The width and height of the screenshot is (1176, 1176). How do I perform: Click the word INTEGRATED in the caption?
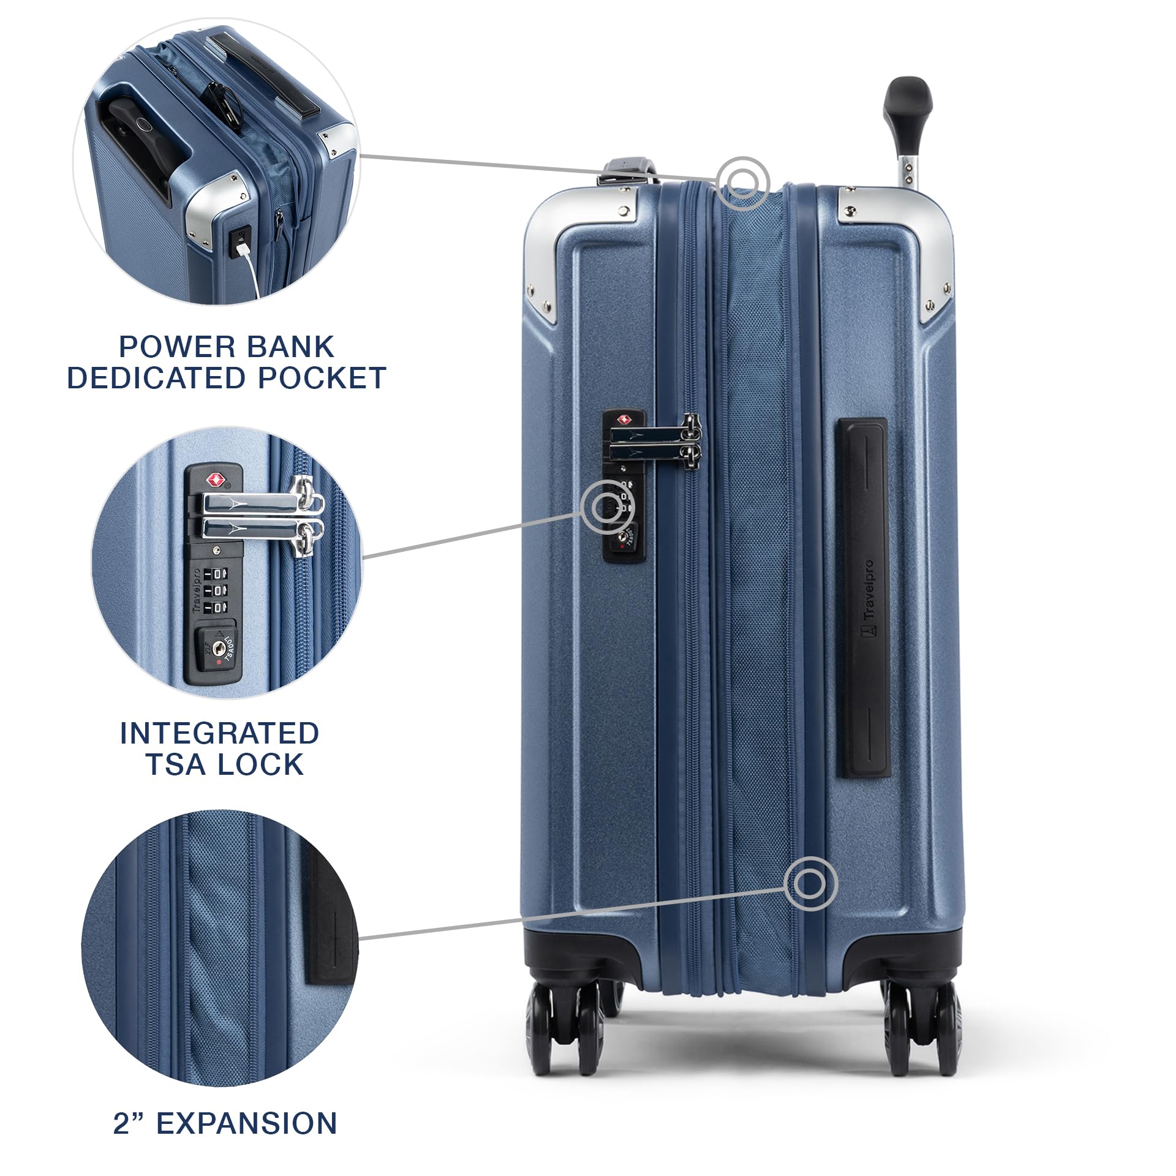point(219,733)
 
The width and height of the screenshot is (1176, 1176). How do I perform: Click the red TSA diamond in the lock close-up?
point(214,478)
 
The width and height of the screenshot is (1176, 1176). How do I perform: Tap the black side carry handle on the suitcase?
point(863,598)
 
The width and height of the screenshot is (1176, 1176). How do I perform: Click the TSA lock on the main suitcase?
point(624,485)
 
